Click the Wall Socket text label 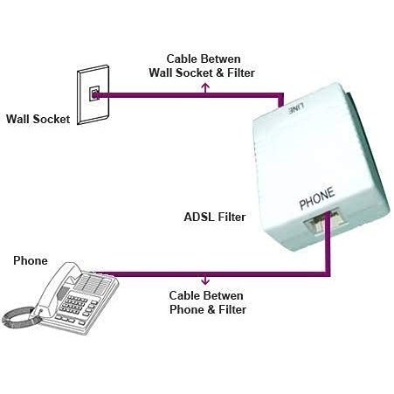click(38, 119)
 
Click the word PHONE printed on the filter click(315, 203)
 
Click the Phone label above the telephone click(31, 261)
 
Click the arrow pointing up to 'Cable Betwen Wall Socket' click(207, 85)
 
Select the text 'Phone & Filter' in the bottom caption click(207, 309)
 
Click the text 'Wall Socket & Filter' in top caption click(207, 73)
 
